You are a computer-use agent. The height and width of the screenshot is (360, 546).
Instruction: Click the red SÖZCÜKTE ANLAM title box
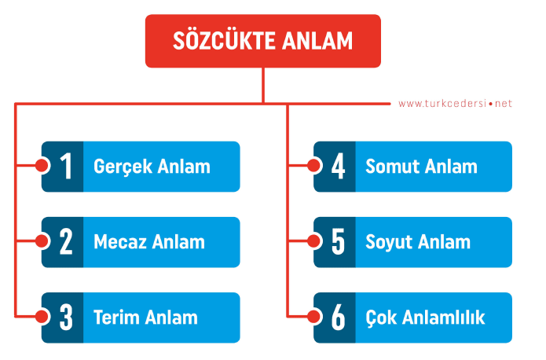(263, 41)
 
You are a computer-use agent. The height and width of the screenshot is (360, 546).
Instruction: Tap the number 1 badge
(64, 167)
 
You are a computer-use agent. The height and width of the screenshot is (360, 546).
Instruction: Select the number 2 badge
(64, 242)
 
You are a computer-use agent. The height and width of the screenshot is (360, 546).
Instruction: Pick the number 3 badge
(64, 318)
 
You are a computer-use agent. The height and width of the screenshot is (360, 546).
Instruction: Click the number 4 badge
(337, 167)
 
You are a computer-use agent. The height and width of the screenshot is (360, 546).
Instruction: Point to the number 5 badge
(337, 242)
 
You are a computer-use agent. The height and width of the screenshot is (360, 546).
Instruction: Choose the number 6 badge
(337, 318)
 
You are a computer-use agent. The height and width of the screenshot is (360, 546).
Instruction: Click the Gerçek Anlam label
(152, 167)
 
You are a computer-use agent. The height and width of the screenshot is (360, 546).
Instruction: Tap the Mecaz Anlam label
(148, 242)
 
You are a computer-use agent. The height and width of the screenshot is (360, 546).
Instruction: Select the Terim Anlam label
(145, 318)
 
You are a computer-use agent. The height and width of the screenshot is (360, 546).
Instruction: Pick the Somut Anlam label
(421, 167)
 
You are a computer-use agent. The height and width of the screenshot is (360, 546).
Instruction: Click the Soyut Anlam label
(418, 242)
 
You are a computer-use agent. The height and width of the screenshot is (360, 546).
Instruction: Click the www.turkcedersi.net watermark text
(455, 103)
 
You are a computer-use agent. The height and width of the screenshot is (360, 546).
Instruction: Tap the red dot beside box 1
(42, 167)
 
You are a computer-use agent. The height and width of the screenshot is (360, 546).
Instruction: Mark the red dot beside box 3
(42, 318)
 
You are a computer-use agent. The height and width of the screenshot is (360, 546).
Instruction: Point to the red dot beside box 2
(42, 242)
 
